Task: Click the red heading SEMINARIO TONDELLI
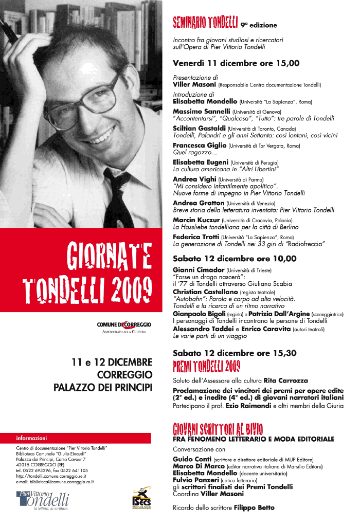[x=205, y=22]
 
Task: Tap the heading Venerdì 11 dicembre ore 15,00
[x=236, y=64]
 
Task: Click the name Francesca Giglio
[x=200, y=146]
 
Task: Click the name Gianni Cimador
[x=199, y=270]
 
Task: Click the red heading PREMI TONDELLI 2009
[x=206, y=366]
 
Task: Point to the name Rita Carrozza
[x=285, y=381]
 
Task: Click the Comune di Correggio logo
[x=123, y=326]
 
